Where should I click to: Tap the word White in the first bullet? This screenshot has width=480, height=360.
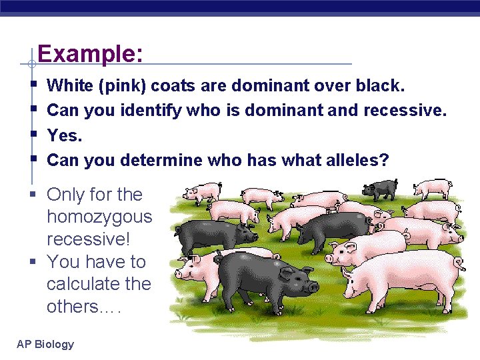pyautogui.click(x=70, y=86)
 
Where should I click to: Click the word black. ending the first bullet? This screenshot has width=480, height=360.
pyautogui.click(x=379, y=86)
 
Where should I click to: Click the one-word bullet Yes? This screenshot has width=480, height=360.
pyautogui.click(x=65, y=135)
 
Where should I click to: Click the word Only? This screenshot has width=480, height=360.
pyautogui.click(x=66, y=195)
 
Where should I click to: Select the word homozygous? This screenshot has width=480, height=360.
pyautogui.click(x=99, y=217)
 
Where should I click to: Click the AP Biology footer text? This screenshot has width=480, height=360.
pyautogui.click(x=46, y=344)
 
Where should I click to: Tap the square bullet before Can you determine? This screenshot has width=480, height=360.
pyautogui.click(x=33, y=160)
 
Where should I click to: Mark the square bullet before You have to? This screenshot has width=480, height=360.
pyautogui.click(x=33, y=262)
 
